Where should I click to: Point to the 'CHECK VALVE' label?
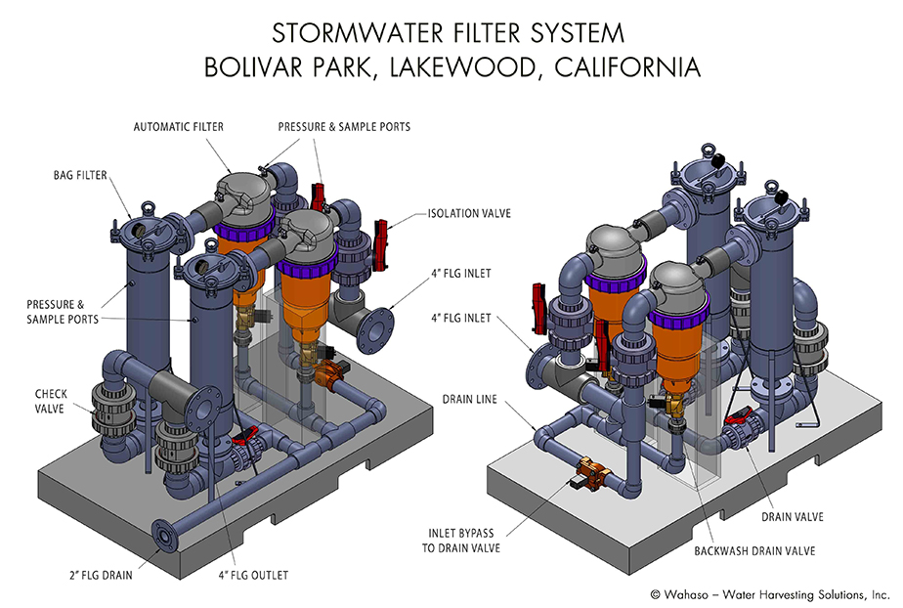[52, 401]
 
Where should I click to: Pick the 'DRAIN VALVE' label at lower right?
[793, 515]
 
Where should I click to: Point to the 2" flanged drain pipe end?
[161, 534]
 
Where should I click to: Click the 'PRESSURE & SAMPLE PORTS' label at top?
[344, 127]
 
